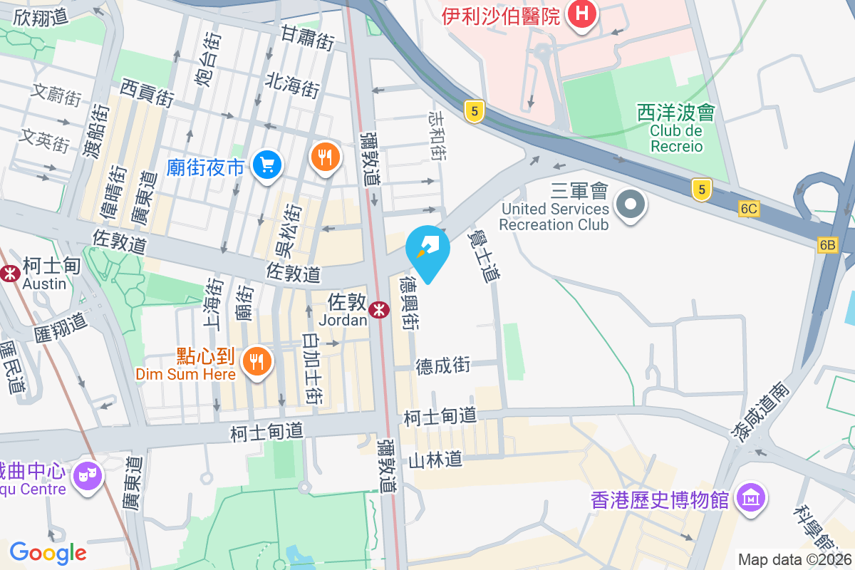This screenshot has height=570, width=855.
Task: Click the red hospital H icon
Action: pos(582,14)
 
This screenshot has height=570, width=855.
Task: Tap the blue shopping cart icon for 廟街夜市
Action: pos(268,165)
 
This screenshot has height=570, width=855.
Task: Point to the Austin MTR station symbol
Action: pos(10,272)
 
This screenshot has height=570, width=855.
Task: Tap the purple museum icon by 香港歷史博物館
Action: pos(751,497)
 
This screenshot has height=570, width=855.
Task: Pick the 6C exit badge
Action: pos(749,209)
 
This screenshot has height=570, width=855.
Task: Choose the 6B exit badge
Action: pos(827,244)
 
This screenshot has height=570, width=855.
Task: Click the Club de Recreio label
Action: pos(675,138)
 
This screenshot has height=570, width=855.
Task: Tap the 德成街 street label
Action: pos(442,366)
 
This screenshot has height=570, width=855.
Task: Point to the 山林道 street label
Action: pos(435,460)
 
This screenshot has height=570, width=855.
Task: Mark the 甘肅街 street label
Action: pos(307,37)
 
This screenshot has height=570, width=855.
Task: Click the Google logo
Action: pos(48,553)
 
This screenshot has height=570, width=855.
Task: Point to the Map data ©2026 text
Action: pos(794,560)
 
